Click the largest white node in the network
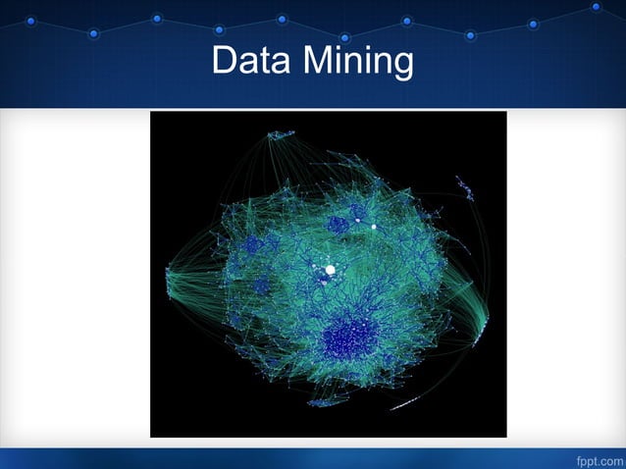(330, 269)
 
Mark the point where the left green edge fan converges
(169, 270)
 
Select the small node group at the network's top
(281, 133)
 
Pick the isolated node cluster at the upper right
(465, 187)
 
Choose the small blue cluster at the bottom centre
(324, 400)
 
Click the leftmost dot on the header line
(30, 21)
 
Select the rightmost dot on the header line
(596, 7)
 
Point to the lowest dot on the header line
(344, 37)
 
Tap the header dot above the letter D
(219, 29)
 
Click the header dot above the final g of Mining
(407, 21)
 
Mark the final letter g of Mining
(402, 66)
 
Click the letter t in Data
(263, 62)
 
